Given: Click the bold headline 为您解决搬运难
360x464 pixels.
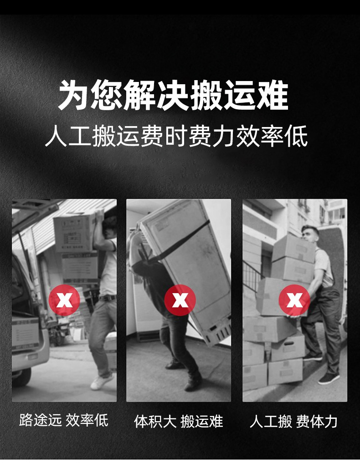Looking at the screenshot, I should click(174, 96).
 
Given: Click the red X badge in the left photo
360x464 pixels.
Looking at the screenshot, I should click(64, 300).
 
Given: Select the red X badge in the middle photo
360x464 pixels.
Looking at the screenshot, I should click(180, 300).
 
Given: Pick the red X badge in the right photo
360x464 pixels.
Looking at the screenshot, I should click(294, 300).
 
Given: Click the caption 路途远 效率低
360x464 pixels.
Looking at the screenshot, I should click(64, 419).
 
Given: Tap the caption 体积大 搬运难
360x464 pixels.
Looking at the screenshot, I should click(179, 421).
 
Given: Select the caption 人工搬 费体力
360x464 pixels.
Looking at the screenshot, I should click(293, 421).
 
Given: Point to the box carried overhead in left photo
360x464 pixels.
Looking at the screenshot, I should click(75, 232).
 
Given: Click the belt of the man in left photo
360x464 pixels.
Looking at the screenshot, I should click(107, 298).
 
